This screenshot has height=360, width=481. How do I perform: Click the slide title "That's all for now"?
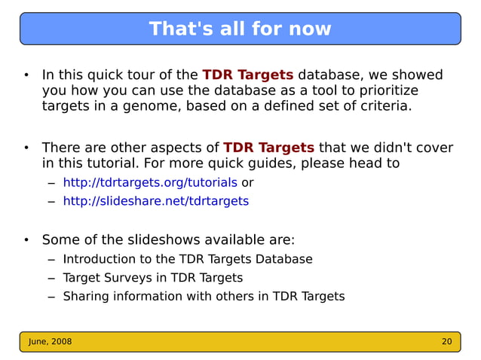point(240,29)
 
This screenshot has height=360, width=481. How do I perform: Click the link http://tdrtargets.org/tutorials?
point(150,182)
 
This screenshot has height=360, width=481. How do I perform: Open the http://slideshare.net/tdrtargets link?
point(155,201)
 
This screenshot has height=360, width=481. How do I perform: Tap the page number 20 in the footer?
point(446,341)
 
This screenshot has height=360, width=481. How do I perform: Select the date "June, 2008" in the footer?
point(51,341)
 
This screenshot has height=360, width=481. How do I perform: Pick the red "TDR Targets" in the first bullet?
point(248,75)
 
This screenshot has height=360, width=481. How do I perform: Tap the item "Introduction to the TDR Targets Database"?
point(187,259)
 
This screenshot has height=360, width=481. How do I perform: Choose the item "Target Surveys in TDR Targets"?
point(152,277)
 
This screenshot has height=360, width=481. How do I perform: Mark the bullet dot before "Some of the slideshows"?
point(26,241)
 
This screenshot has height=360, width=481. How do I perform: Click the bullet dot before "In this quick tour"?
point(26,75)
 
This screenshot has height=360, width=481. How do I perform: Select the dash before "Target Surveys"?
point(51,278)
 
